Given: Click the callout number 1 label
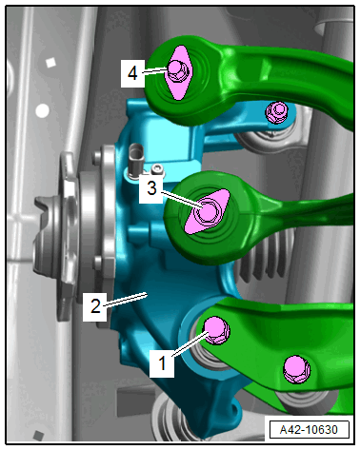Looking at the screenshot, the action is pyautogui.click(x=162, y=362).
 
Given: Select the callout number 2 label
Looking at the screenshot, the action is pyautogui.click(x=95, y=306).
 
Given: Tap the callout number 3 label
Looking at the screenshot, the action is pyautogui.click(x=151, y=188).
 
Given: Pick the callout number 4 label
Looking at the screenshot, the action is pyautogui.click(x=132, y=73).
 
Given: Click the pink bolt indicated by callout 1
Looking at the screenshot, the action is pyautogui.click(x=216, y=330).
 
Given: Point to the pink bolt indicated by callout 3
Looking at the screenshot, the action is pyautogui.click(x=208, y=211).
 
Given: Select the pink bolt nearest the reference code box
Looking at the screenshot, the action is pyautogui.click(x=296, y=369).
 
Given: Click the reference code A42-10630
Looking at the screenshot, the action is pyautogui.click(x=309, y=430).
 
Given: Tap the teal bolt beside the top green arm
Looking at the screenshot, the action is pyautogui.click(x=277, y=111).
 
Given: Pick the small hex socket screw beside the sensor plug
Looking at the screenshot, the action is pyautogui.click(x=157, y=169).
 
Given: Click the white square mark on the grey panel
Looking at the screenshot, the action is pyautogui.click(x=50, y=63).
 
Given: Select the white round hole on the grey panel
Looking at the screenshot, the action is pyautogui.click(x=42, y=111).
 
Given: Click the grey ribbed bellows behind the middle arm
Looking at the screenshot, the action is pyautogui.click(x=267, y=257).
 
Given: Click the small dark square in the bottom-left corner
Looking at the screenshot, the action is pyautogui.click(x=38, y=436).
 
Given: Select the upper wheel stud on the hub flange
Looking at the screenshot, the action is pyautogui.click(x=97, y=157).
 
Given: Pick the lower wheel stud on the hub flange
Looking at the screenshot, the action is pyautogui.click(x=98, y=262).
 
